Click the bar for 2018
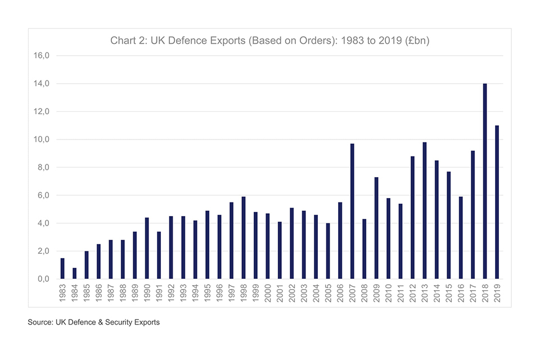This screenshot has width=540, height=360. point(485,181)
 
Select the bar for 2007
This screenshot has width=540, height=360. point(352,211)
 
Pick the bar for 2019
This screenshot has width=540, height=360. point(497,202)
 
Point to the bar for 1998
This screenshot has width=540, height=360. point(244,237)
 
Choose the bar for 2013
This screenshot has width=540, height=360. point(425,210)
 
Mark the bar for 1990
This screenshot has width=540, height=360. point(147,248)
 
